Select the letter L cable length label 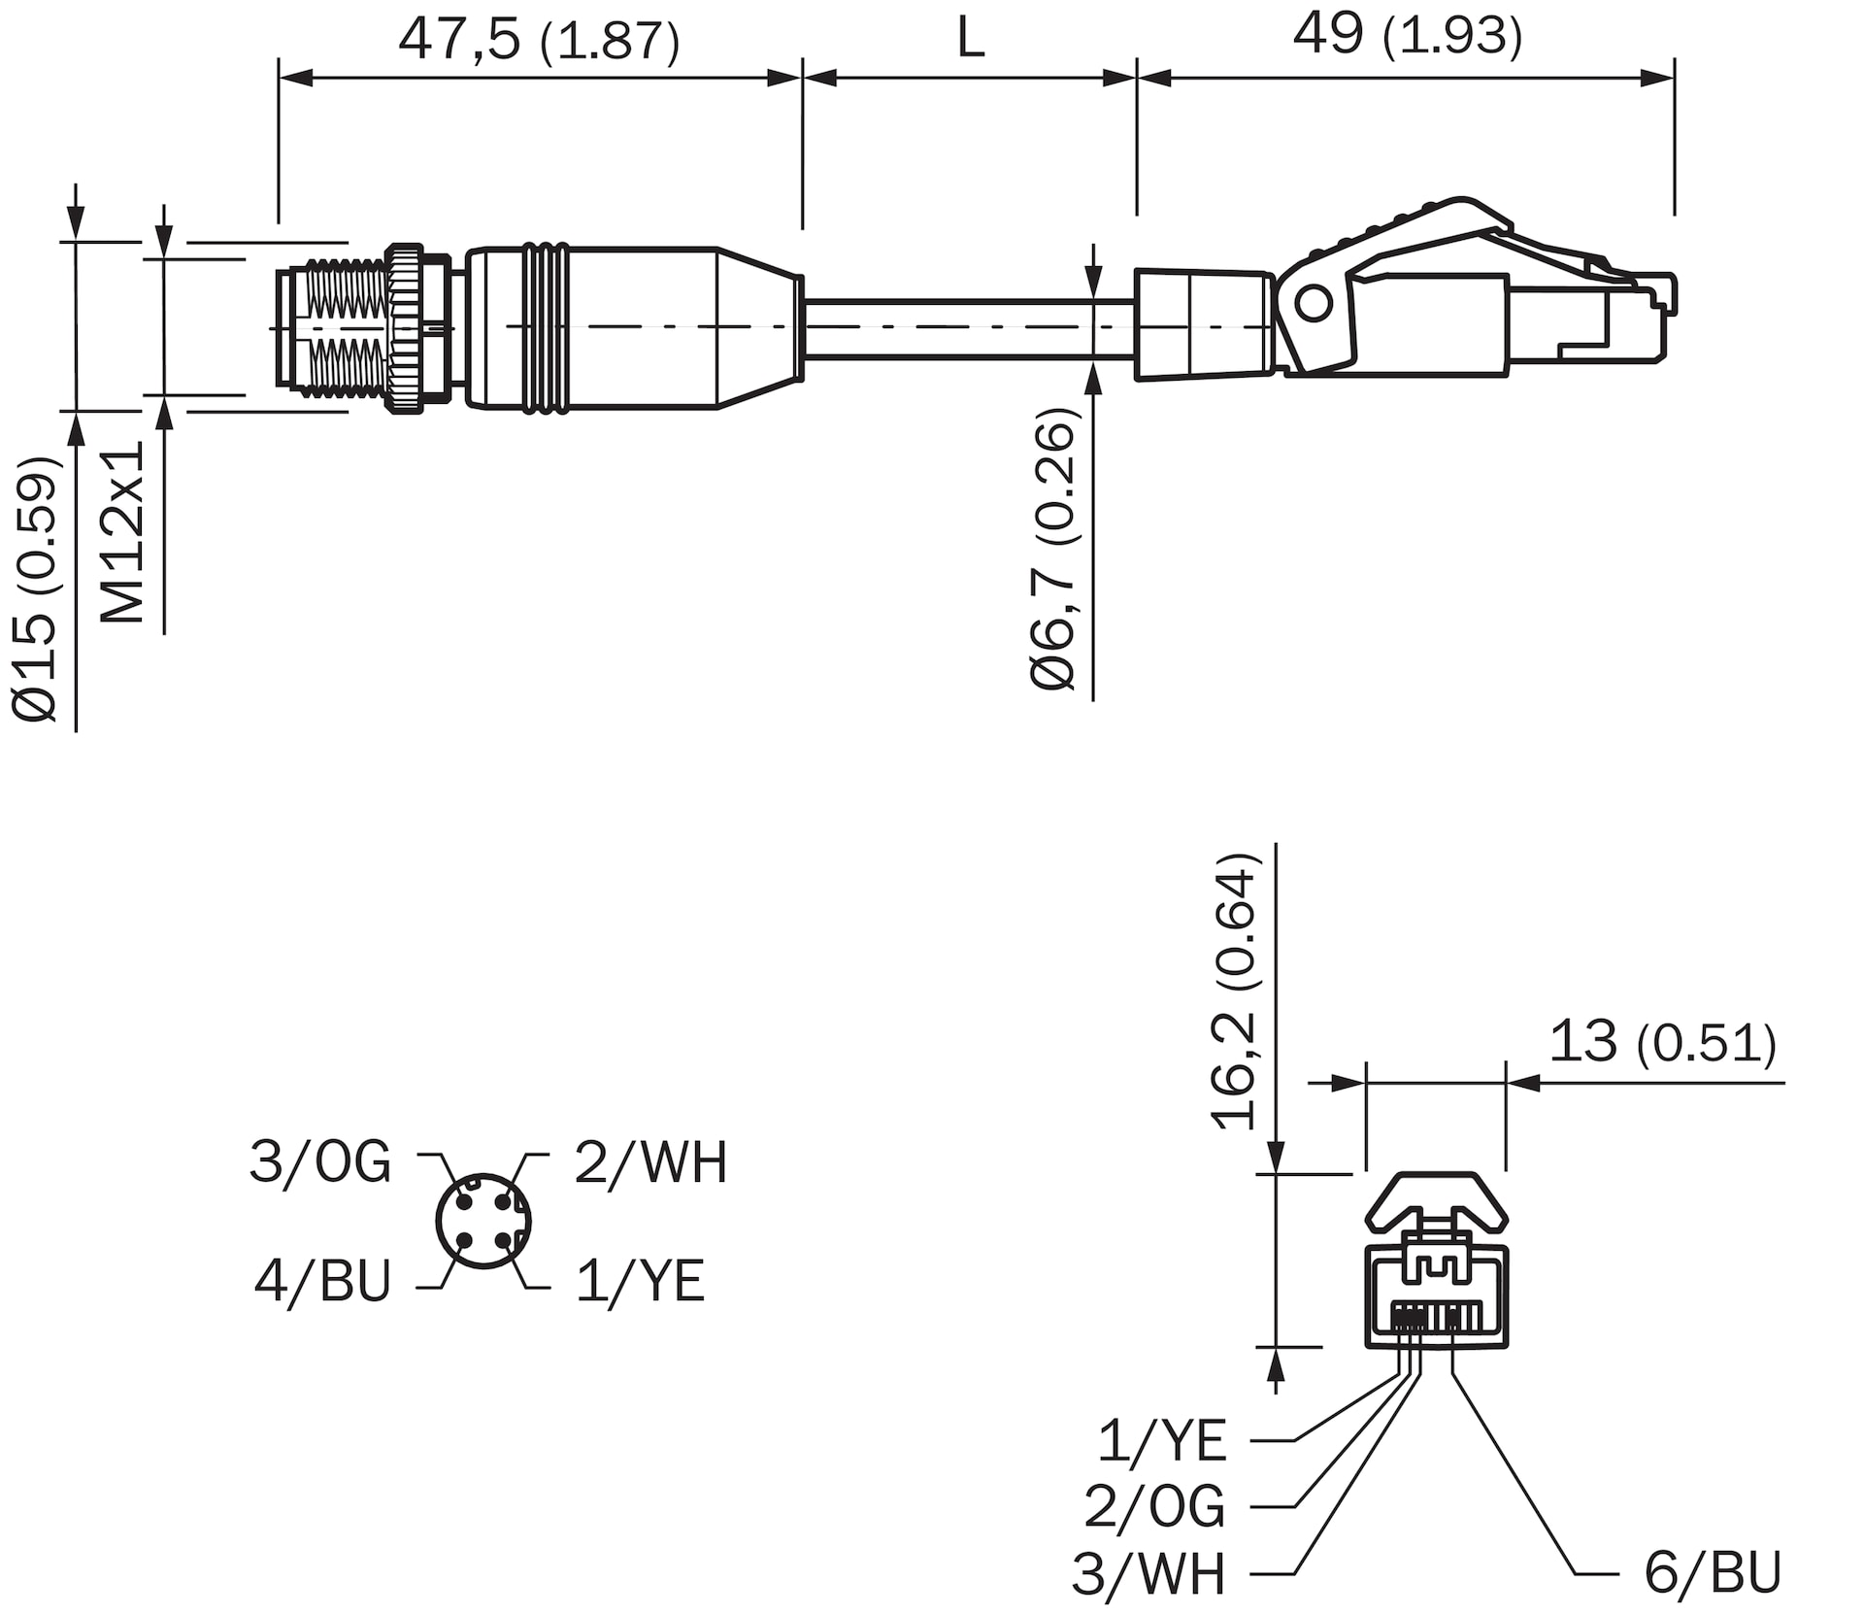point(970,40)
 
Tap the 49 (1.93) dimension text point(1408,35)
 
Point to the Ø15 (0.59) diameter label point(38,588)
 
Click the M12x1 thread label point(123,532)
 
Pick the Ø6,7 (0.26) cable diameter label point(1054,550)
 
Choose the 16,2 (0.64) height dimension point(1235,992)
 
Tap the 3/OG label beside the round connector point(320,1161)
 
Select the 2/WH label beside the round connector point(650,1161)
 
